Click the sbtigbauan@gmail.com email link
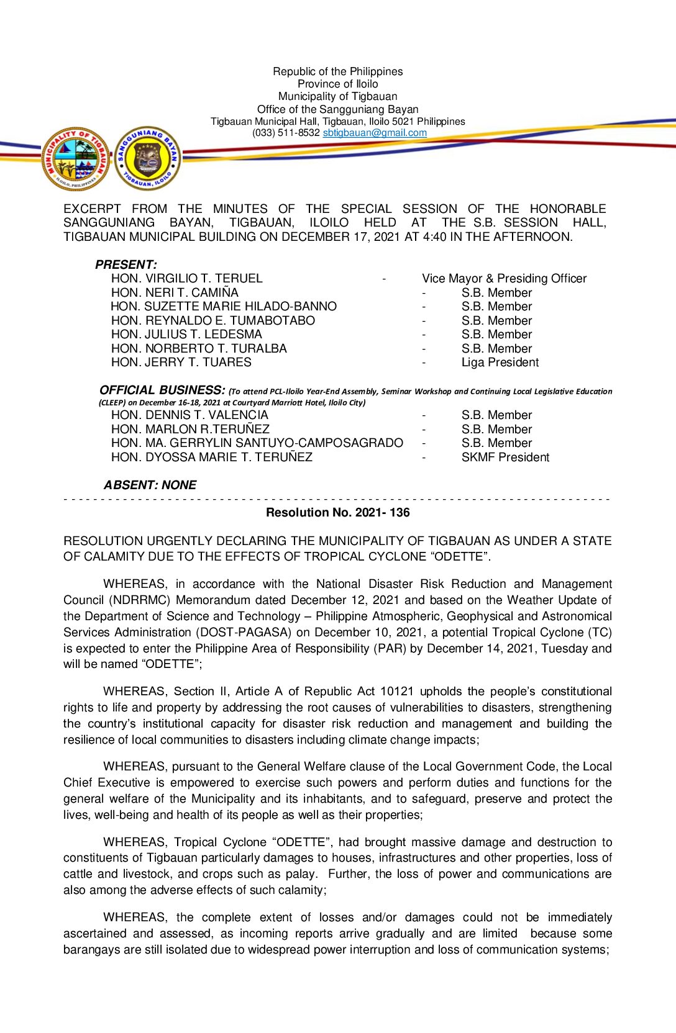375,133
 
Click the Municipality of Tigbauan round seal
76,159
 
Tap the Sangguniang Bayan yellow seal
148,158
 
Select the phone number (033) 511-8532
286,133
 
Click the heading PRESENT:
126,264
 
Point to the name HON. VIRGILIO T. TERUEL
186,279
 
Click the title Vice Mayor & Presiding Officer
504,279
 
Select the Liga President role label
500,363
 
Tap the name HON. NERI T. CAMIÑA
175,292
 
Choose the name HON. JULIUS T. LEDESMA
186,335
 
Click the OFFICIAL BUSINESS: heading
162,390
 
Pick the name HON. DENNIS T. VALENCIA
190,415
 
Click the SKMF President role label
505,458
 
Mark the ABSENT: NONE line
150,485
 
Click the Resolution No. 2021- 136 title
337,513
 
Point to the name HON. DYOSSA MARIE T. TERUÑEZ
211,458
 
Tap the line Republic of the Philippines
337,72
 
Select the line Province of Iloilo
337,84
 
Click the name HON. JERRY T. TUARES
181,363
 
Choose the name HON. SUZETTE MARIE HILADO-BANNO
224,307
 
